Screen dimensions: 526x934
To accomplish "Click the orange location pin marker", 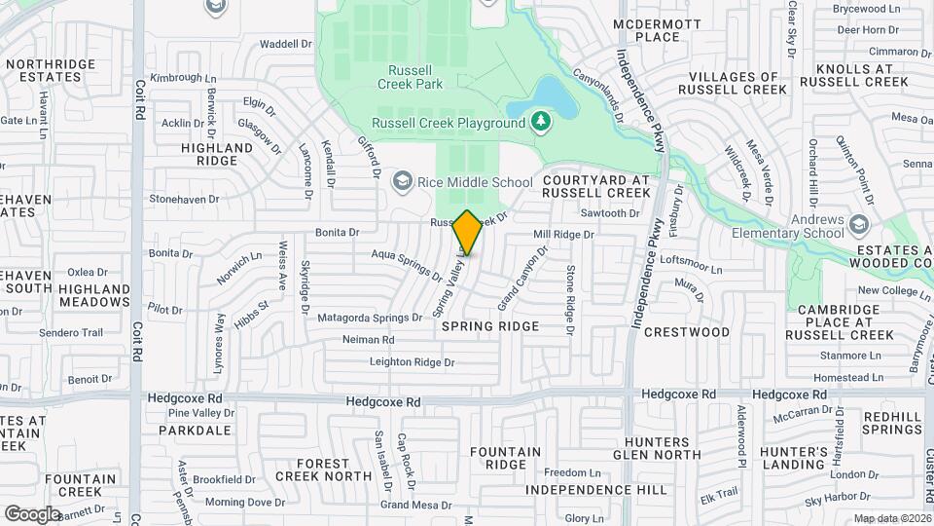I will tap(468, 232).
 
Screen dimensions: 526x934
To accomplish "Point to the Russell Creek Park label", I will tap(415, 78).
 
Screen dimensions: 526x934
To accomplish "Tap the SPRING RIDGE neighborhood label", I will tap(490, 326).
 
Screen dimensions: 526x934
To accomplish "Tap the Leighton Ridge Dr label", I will tap(412, 362).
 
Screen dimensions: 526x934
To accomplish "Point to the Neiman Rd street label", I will tap(368, 340).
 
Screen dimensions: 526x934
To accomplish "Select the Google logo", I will tap(32, 513).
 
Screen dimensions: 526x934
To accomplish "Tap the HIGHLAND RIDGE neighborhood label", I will tap(217, 154).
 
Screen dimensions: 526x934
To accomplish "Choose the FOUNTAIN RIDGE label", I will tap(505, 459).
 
